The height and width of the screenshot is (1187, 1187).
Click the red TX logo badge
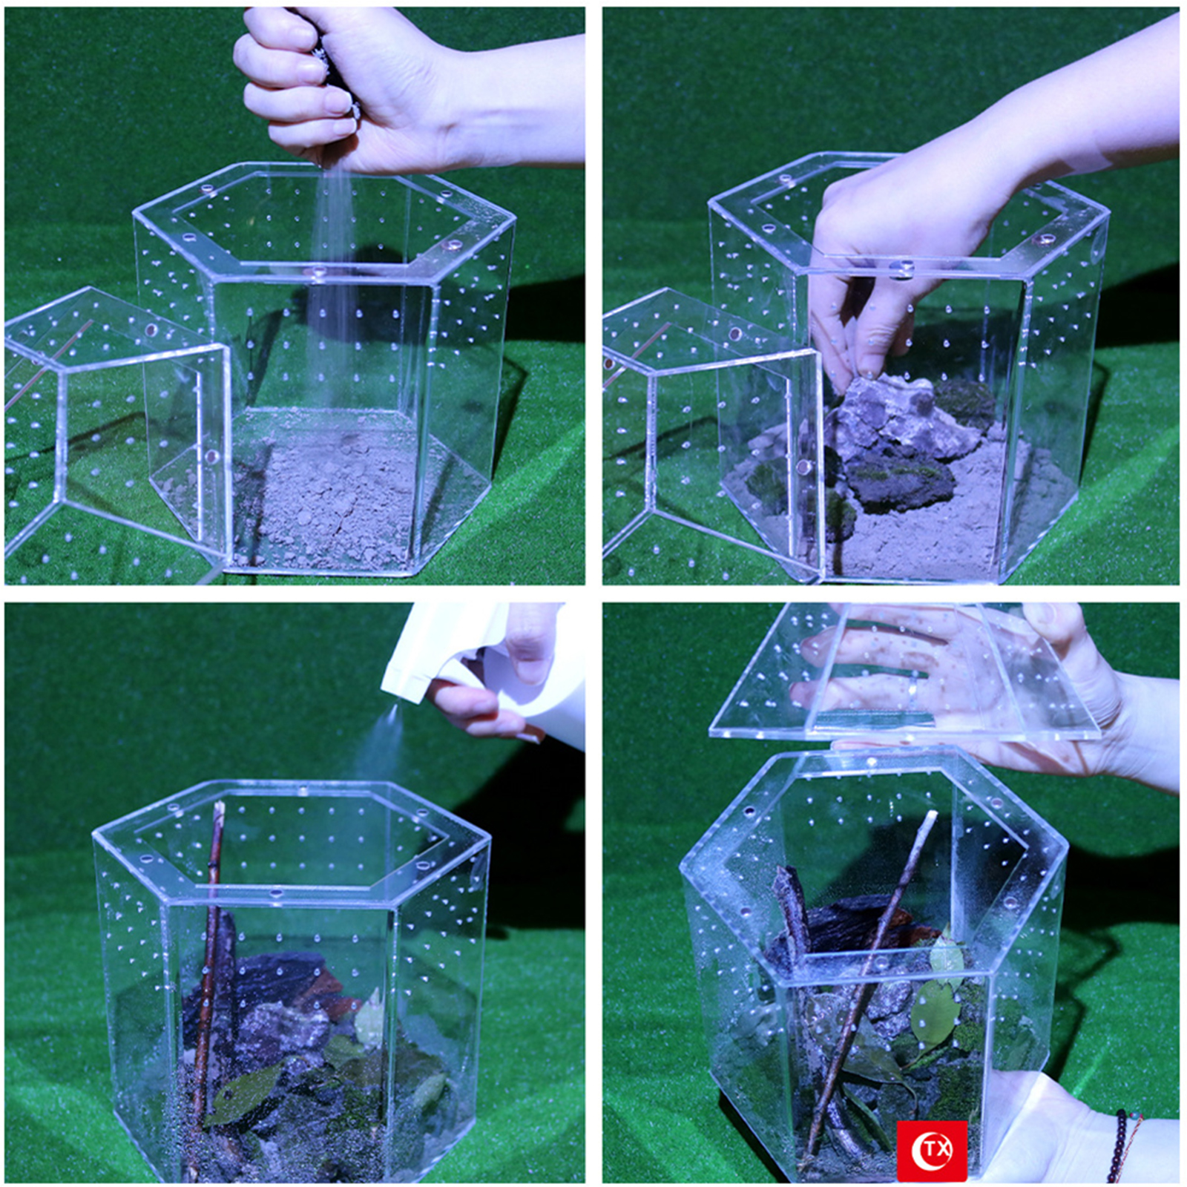[932, 1150]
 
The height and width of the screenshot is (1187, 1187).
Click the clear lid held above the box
[905, 671]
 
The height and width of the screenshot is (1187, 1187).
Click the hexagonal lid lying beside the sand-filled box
[111, 430]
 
